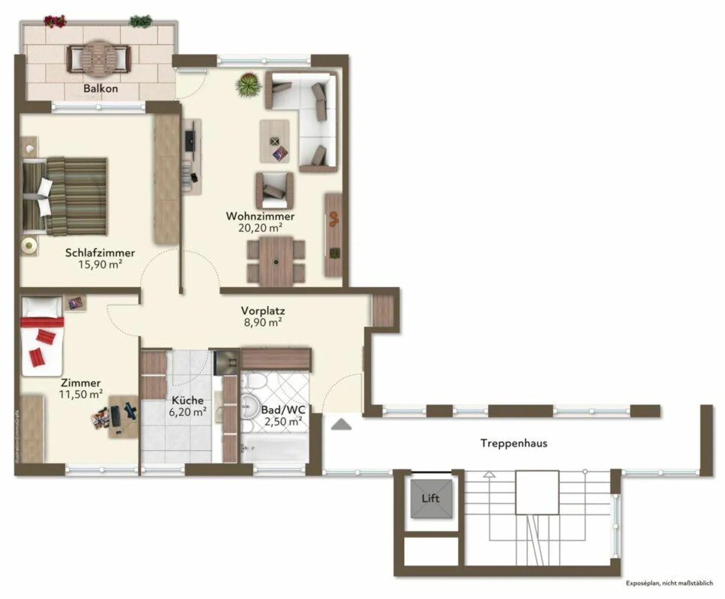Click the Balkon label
101,88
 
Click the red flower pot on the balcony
55,21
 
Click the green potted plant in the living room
248,84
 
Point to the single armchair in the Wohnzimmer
274,191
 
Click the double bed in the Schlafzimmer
65,196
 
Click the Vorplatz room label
262,311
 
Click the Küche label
188,401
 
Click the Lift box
431,499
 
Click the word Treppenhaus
514,443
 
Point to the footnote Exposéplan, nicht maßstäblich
669,583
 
